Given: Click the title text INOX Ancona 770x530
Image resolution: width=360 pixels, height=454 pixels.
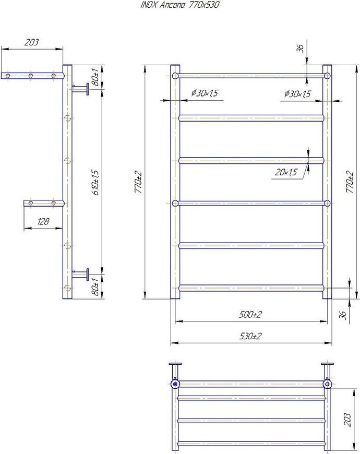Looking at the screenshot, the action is tap(179, 5).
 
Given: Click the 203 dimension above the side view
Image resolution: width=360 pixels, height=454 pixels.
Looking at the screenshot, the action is tap(31, 42).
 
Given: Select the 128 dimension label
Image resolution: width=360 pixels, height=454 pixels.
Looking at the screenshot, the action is tap(43, 221).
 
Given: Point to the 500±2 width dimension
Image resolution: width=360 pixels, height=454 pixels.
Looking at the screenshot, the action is tap(250, 315).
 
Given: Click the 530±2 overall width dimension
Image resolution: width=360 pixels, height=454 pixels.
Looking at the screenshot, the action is tap(250, 336).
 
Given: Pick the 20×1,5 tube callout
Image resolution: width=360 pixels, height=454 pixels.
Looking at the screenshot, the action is tap(286, 172).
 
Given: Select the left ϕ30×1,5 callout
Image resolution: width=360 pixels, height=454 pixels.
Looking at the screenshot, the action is tap(205, 93).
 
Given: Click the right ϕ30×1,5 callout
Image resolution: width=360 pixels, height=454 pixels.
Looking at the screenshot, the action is tap(297, 93).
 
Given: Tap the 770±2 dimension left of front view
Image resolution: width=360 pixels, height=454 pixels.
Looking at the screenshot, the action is tap(138, 182).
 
